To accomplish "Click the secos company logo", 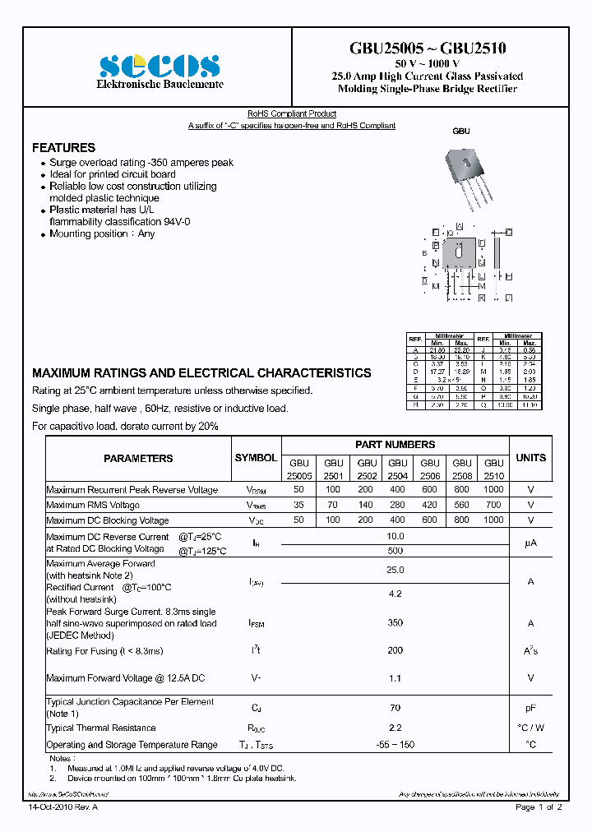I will pyautogui.click(x=160, y=66).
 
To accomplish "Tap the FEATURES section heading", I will pyautogui.click(x=63, y=148).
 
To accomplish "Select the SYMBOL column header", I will pyautogui.click(x=256, y=458).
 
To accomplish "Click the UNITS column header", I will pyautogui.click(x=530, y=458).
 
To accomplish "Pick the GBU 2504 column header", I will pyautogui.click(x=398, y=469).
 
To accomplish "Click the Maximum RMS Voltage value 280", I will pyautogui.click(x=398, y=506).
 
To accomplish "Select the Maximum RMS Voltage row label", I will pyautogui.click(x=93, y=506).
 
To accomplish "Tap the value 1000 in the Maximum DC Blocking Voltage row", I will pyautogui.click(x=493, y=520).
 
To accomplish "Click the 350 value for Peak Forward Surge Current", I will pyautogui.click(x=395, y=623).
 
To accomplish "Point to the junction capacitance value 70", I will pyautogui.click(x=395, y=707).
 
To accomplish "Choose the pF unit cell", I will pyautogui.click(x=530, y=707).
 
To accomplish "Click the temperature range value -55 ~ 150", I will pyautogui.click(x=395, y=745).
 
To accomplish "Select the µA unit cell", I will pyautogui.click(x=530, y=543).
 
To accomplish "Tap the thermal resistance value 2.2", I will pyautogui.click(x=395, y=728).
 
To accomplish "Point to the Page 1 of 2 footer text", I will pyautogui.click(x=539, y=807).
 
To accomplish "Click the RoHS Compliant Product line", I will pyautogui.click(x=292, y=113).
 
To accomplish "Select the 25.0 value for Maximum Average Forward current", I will pyautogui.click(x=395, y=570).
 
